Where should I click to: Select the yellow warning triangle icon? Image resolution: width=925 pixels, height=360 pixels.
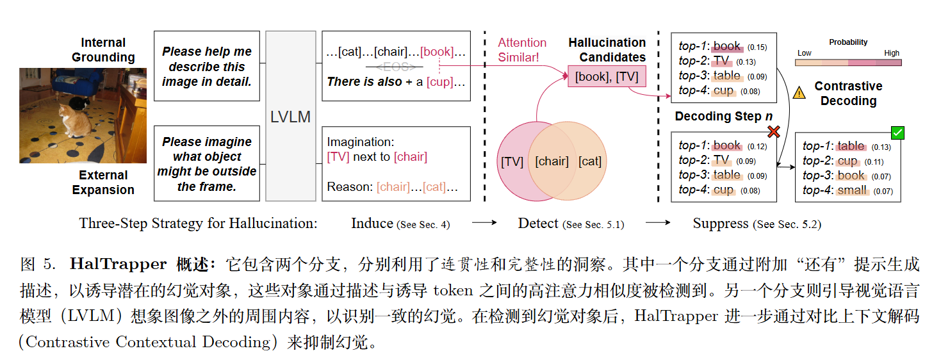(799, 93)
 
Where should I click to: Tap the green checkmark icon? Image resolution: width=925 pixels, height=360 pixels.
(897, 133)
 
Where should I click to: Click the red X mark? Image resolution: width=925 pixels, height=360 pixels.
(773, 131)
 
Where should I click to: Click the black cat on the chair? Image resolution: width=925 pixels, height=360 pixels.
(76, 102)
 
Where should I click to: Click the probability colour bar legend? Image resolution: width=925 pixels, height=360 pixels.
(847, 63)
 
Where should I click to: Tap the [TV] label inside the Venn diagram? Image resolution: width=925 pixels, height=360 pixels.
(512, 161)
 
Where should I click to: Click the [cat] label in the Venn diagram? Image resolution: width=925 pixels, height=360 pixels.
(589, 161)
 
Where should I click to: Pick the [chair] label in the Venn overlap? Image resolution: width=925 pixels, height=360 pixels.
(552, 161)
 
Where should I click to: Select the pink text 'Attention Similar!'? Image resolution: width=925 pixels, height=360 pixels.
(522, 50)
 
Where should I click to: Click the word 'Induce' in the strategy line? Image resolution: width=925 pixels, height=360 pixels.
(372, 224)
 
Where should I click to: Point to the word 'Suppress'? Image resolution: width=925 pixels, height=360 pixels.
(720, 224)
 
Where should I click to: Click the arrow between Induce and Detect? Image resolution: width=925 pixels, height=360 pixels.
(484, 224)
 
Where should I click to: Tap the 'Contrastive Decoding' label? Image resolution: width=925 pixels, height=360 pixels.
(848, 94)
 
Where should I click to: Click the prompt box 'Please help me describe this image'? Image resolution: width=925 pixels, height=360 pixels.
(206, 66)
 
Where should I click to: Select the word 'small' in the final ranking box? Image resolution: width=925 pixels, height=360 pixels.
(853, 190)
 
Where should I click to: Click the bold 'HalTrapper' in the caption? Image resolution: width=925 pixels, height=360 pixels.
(119, 264)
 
